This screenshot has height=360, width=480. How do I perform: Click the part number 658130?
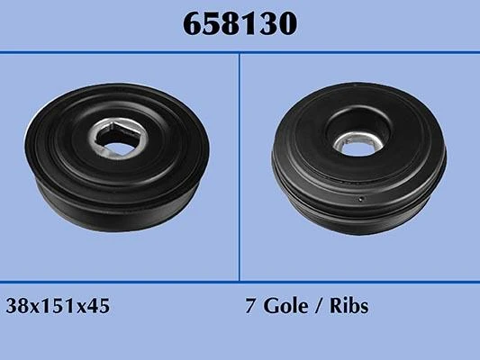[240, 24]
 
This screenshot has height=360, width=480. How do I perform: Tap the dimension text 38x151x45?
[58, 306]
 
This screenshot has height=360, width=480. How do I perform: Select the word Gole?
[285, 305]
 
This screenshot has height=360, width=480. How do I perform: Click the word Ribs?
[349, 305]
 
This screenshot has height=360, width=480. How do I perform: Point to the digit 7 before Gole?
[250, 306]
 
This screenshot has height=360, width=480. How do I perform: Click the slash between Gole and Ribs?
[319, 305]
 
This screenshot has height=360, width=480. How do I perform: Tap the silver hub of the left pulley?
[119, 139]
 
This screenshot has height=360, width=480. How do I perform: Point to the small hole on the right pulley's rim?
[361, 199]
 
